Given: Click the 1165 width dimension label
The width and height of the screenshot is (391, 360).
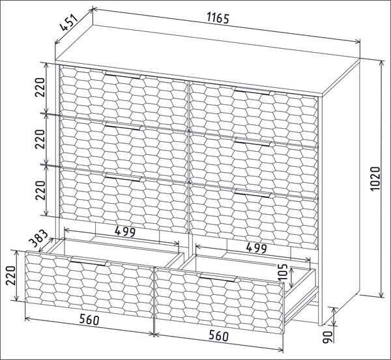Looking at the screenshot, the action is point(218,18).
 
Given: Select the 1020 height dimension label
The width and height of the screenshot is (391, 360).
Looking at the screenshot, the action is point(375,178).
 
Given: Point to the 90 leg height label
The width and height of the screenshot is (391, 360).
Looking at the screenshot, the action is point(328,337).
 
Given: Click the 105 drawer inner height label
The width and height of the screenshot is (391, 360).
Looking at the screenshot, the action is point(283,272).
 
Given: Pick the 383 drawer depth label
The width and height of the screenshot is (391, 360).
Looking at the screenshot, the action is point(38,238).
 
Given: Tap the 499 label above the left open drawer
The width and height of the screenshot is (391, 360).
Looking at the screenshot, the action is point(125,232).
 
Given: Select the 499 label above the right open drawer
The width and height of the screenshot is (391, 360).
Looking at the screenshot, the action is point(257,248).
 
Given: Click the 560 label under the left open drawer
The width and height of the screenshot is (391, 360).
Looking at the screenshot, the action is point(89,320).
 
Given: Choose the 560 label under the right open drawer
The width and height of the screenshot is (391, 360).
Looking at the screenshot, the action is point(218,335).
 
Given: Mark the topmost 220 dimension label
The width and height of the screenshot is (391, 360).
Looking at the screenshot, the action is point(40,87).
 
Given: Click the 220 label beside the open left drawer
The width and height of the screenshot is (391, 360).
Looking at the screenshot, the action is point(11,275).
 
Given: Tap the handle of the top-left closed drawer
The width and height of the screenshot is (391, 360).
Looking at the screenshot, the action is point(123,75).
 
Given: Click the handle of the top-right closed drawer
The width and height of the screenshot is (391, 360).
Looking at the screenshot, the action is point(252,91).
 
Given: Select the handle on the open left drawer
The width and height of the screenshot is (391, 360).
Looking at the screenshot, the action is point(89,261).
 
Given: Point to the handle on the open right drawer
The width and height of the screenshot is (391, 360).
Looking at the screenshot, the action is point(218,277).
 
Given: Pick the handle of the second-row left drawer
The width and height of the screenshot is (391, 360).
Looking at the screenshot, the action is point(123,126).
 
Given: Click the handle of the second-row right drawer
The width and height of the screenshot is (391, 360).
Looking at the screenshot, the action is point(252,142).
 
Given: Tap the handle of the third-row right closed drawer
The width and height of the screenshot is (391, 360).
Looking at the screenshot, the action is point(252,193).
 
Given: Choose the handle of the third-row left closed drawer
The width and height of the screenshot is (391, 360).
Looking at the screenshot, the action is point(123,177).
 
